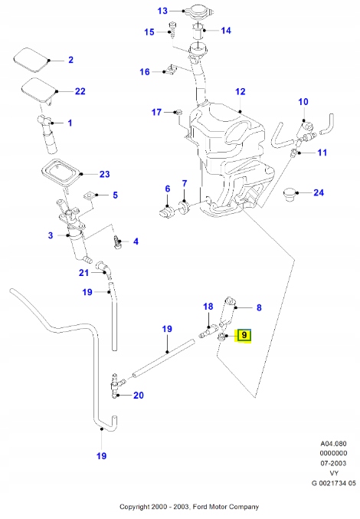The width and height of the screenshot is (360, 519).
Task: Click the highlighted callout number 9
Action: pyautogui.click(x=244, y=335)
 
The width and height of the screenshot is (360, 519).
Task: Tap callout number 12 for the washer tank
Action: pyautogui.click(x=240, y=92)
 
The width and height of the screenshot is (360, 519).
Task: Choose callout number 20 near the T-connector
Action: pyautogui.click(x=138, y=396)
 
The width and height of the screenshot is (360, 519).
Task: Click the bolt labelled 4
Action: pyautogui.click(x=118, y=242)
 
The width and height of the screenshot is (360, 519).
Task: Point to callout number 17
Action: pyautogui.click(x=156, y=112)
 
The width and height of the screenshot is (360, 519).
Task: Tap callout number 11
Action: pyautogui.click(x=322, y=153)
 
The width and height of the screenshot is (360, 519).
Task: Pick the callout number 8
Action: pyautogui.click(x=259, y=307)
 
